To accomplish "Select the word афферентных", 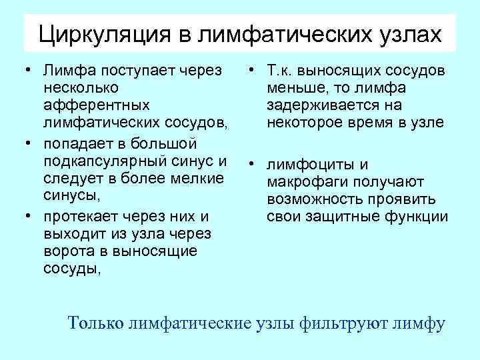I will click(95, 105).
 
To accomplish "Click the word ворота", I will click(69, 251).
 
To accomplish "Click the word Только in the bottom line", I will click(95, 323).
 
